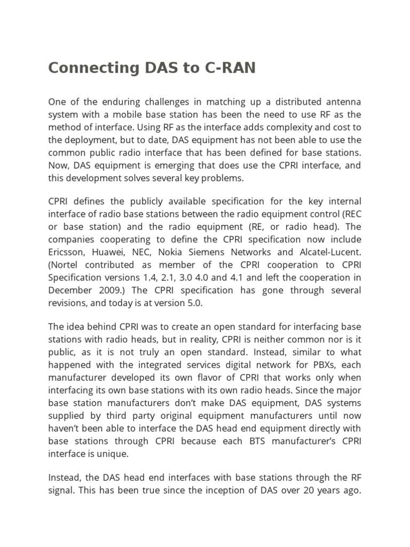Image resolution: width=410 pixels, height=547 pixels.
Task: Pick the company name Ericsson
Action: pyautogui.click(x=67, y=252)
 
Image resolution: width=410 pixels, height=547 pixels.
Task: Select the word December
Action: pyautogui.click(x=69, y=291)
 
